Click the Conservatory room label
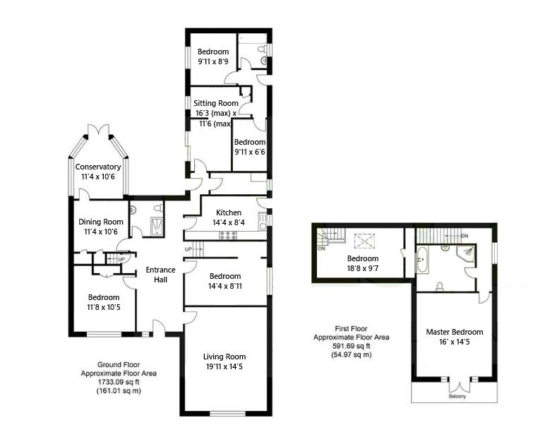[98, 167]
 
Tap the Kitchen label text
[229, 212]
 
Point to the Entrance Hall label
[155, 275]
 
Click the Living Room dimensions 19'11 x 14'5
[224, 367]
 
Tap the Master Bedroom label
[454, 332]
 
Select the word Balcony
[457, 397]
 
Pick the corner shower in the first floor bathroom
[467, 255]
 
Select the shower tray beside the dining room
[154, 226]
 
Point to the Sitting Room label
[215, 103]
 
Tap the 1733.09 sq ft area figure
[119, 382]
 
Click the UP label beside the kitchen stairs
[188, 249]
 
